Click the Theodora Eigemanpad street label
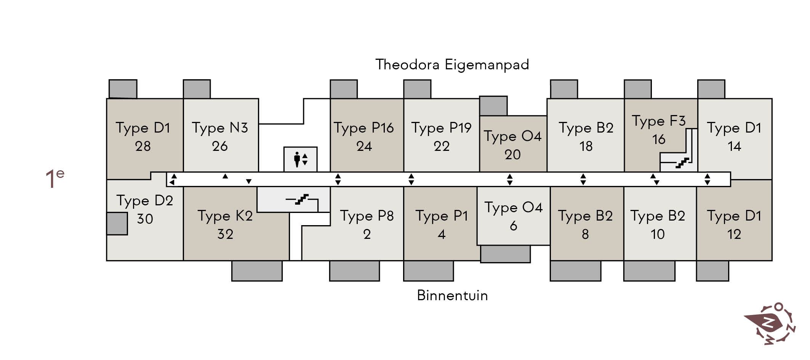[452, 65]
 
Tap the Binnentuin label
[452, 296]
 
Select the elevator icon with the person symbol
[300, 159]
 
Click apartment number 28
[143, 146]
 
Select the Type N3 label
[220, 128]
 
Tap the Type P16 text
[364, 128]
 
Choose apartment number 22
[442, 146]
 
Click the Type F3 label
[659, 121]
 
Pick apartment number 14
[734, 146]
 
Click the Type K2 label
[225, 216]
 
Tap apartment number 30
[145, 219]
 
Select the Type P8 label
[367, 216]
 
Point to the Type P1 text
[442, 216]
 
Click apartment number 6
[514, 226]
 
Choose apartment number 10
[658, 234]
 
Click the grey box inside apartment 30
[117, 224]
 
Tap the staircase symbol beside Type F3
[682, 163]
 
